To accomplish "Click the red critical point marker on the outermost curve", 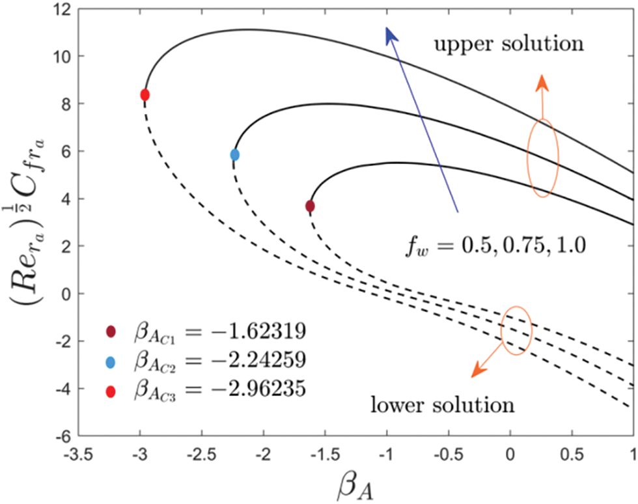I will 145,95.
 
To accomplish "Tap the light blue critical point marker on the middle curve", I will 235,155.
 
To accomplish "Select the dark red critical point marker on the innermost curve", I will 310,206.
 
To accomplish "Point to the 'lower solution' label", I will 443,405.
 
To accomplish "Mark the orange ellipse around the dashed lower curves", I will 517,330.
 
